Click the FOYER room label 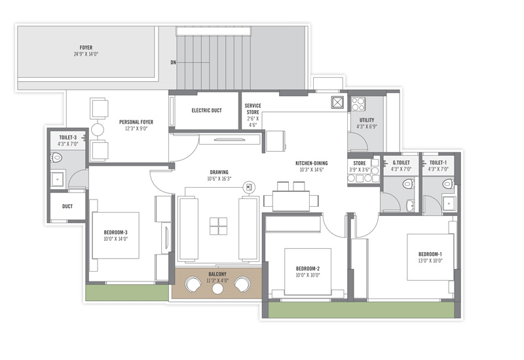pos(86,47)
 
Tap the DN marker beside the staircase pos(173,62)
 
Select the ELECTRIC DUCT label pos(206,110)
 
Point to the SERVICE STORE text pos(253,109)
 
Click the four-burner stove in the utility pos(358,104)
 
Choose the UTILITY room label pos(367,120)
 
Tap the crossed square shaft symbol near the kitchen pos(337,103)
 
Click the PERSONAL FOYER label pos(136,122)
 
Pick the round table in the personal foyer pos(97,130)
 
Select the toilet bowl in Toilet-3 pos(57,157)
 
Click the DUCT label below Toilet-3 pos(67,206)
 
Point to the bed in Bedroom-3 pos(115,236)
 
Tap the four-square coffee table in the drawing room pos(218,226)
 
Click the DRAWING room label pos(219,172)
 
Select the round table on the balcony pos(217,289)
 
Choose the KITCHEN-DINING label pos(312,163)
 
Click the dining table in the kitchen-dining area pos(291,200)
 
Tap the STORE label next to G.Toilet pos(359,163)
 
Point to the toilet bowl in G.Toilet pos(408,184)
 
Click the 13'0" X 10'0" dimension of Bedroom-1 pos(430,261)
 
